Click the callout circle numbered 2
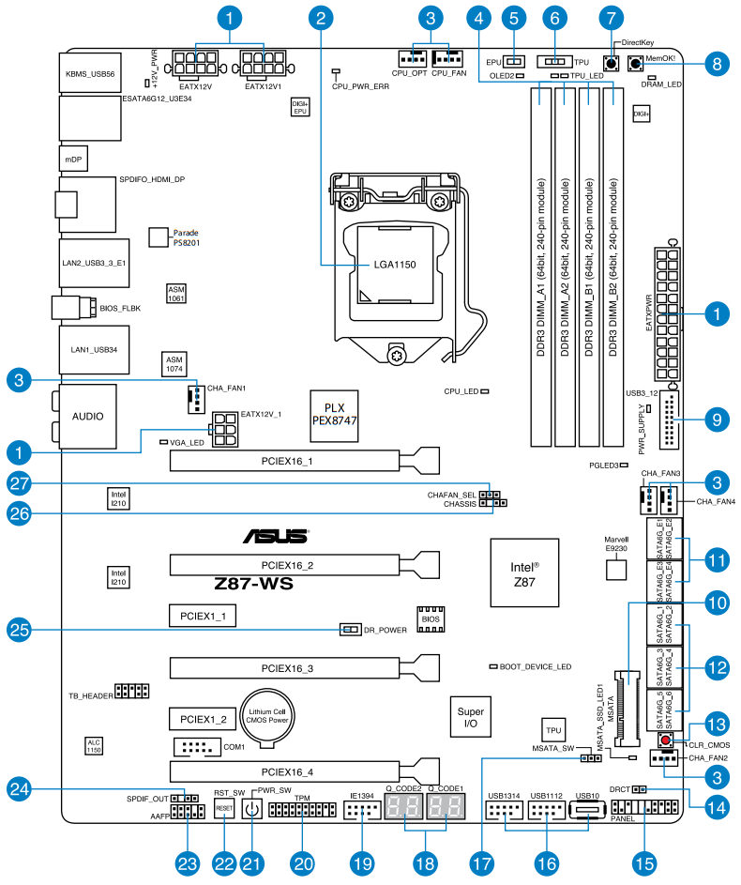coord(322,16)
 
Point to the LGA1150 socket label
coord(394,265)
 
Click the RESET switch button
coord(224,807)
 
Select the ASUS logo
coord(277,536)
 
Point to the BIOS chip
coord(430,619)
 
